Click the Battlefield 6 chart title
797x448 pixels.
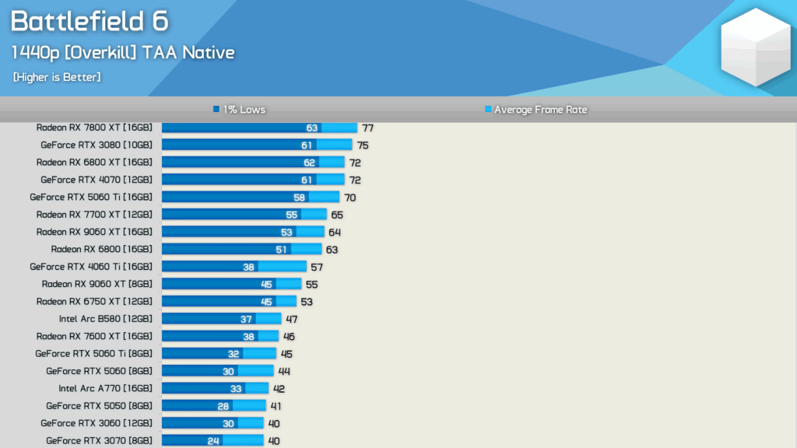89,22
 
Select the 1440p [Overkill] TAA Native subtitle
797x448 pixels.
122,53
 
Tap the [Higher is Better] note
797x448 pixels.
57,77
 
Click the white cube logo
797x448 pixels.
755,47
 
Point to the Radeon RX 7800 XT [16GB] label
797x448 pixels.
94,128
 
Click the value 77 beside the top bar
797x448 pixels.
368,128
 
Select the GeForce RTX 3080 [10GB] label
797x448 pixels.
97,145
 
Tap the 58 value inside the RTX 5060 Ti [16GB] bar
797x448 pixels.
299,198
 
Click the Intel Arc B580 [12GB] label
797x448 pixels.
105,318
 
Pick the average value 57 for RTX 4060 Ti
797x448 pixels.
317,267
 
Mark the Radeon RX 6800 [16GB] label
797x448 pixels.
101,249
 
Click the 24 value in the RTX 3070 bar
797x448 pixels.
212,441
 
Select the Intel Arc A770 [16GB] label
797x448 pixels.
105,388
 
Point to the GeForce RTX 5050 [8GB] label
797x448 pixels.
99,405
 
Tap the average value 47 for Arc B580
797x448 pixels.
292,319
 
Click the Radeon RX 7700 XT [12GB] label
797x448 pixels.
94,214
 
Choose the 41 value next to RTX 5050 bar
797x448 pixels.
276,406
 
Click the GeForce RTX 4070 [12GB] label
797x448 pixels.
97,180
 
